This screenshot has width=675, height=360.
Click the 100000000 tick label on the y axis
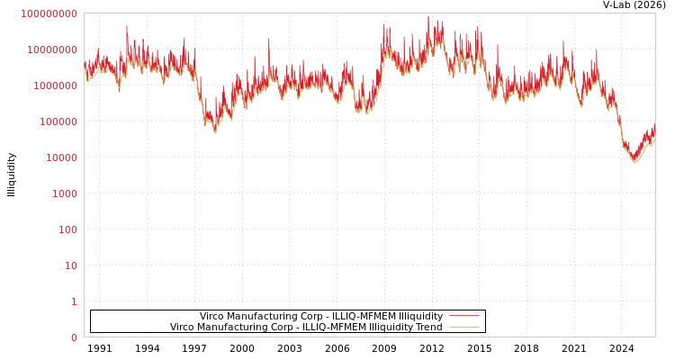49,13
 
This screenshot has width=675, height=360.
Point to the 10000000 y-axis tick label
52,49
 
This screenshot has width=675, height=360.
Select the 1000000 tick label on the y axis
55,85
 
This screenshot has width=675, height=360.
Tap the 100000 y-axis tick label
58,121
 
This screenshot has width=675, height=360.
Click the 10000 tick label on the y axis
61,157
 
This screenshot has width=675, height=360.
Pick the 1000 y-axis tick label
64,193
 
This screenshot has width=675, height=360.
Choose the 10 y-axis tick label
70,265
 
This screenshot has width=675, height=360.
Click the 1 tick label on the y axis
74,301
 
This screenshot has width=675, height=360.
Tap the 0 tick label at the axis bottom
74,337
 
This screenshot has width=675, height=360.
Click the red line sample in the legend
463,316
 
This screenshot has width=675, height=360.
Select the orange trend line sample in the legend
463,327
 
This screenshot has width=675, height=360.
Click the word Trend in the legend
427,328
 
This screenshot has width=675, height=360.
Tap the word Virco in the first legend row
213,317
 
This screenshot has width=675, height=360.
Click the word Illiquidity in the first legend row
419,317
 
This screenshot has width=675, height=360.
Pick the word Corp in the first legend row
310,317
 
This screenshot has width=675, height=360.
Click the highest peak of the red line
428,16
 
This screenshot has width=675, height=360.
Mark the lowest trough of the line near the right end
634,162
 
